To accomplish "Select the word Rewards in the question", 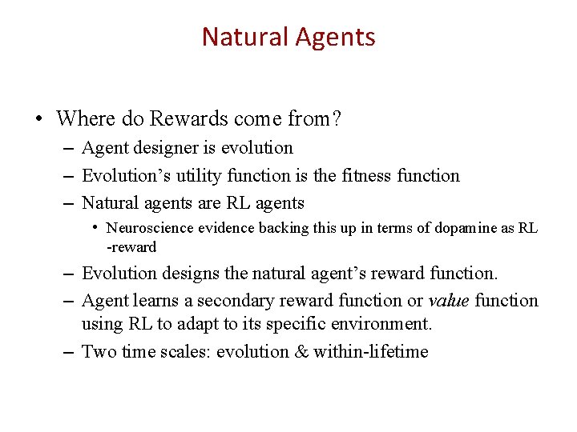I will (x=190, y=120).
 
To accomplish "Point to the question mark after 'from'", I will (x=337, y=120).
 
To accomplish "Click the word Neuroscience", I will (x=149, y=229).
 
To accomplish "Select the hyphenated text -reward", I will (x=131, y=246).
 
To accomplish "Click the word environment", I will (x=380, y=324).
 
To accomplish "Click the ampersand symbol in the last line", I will (x=300, y=352).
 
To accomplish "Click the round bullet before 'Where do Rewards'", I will (x=38, y=120).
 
